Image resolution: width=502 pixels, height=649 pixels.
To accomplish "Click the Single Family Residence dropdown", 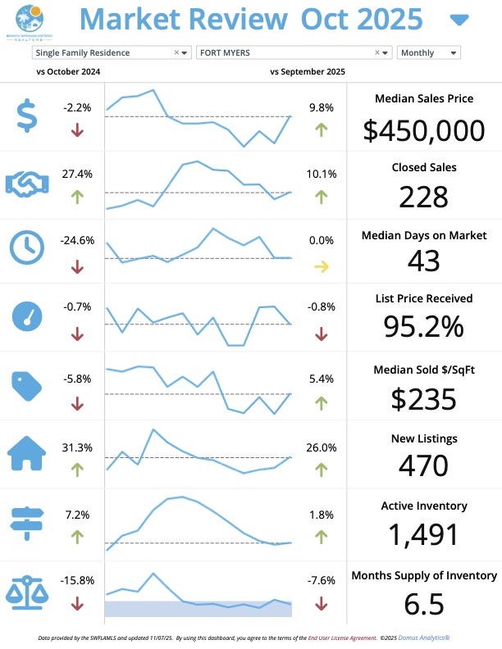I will point(103,52).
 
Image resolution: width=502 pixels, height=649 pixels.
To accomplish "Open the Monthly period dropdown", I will point(428,52).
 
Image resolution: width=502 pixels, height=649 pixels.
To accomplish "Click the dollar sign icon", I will point(27,116).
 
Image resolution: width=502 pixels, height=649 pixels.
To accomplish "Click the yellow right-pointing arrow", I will point(321,266).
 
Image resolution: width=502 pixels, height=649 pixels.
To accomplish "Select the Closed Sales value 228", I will point(423,197).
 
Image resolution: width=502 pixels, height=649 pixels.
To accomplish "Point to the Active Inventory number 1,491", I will point(423,534).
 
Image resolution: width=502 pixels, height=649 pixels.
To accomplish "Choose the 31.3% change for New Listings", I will point(77,447).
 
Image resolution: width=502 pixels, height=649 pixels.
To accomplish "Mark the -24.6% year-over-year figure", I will point(77,241).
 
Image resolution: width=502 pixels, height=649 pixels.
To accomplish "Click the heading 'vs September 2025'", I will point(307,72).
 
